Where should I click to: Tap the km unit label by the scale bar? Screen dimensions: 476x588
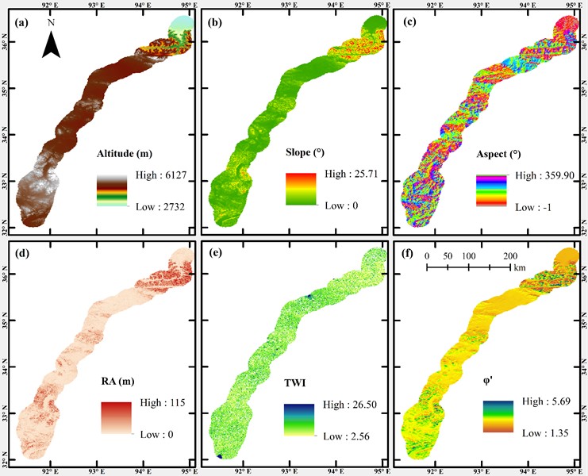pyautogui.click(x=520, y=269)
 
